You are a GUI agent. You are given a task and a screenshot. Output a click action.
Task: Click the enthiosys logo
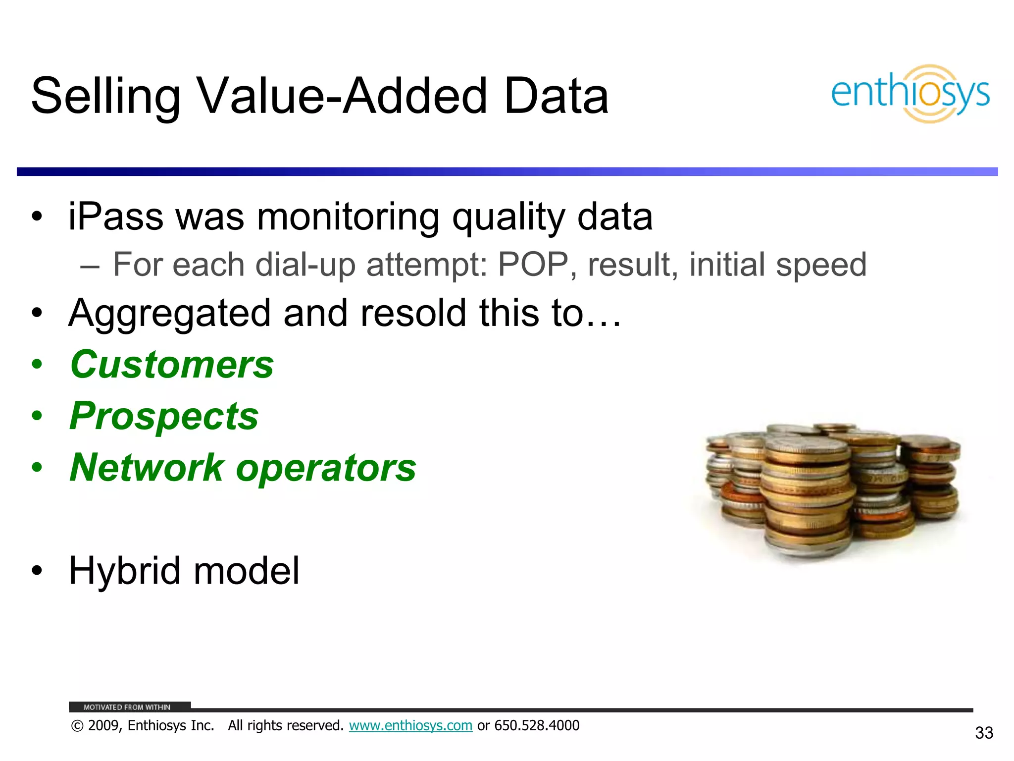click(x=910, y=94)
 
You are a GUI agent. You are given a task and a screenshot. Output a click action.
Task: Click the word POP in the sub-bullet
click(x=533, y=265)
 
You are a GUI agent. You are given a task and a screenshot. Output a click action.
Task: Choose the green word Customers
click(x=172, y=365)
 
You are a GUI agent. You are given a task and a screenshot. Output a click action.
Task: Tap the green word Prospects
click(x=164, y=416)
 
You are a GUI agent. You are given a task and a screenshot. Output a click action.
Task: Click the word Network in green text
click(x=147, y=468)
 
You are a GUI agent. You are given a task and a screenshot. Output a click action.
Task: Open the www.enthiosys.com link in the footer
click(x=410, y=726)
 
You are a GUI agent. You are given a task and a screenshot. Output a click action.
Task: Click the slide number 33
click(x=984, y=733)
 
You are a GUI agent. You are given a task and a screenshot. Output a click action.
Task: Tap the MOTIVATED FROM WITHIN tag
click(x=127, y=707)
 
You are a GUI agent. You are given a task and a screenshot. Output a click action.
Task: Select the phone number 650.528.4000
click(x=537, y=726)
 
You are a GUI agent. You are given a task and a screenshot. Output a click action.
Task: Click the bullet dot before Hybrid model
click(x=37, y=571)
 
